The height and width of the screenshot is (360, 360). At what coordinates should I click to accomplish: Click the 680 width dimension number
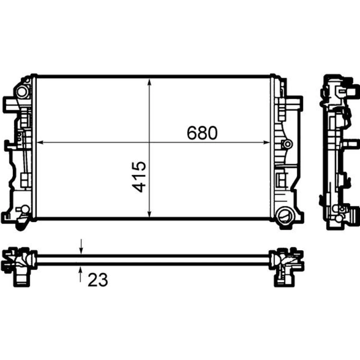click(x=202, y=133)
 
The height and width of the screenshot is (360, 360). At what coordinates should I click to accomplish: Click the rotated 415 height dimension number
click(x=139, y=177)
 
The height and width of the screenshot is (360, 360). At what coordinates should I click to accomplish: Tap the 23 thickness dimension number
click(x=98, y=280)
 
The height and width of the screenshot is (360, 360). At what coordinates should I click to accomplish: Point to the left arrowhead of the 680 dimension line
click(x=40, y=143)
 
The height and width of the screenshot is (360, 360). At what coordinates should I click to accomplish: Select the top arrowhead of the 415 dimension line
click(x=149, y=82)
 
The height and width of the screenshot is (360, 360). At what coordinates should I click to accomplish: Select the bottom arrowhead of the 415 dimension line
click(x=149, y=214)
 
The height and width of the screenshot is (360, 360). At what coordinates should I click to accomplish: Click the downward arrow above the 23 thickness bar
click(x=81, y=247)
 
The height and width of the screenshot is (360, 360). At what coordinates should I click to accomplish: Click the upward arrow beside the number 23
click(x=80, y=274)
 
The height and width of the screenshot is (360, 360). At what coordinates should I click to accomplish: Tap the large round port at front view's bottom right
click(x=285, y=215)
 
